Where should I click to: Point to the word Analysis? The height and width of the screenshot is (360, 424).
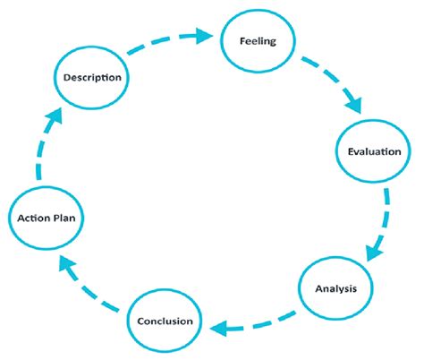pos(337,288)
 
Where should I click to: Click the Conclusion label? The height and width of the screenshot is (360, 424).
pos(165,320)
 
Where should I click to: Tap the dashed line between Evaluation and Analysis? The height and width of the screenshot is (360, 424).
pos(385,210)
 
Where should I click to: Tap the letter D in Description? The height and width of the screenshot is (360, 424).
pos(66,77)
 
